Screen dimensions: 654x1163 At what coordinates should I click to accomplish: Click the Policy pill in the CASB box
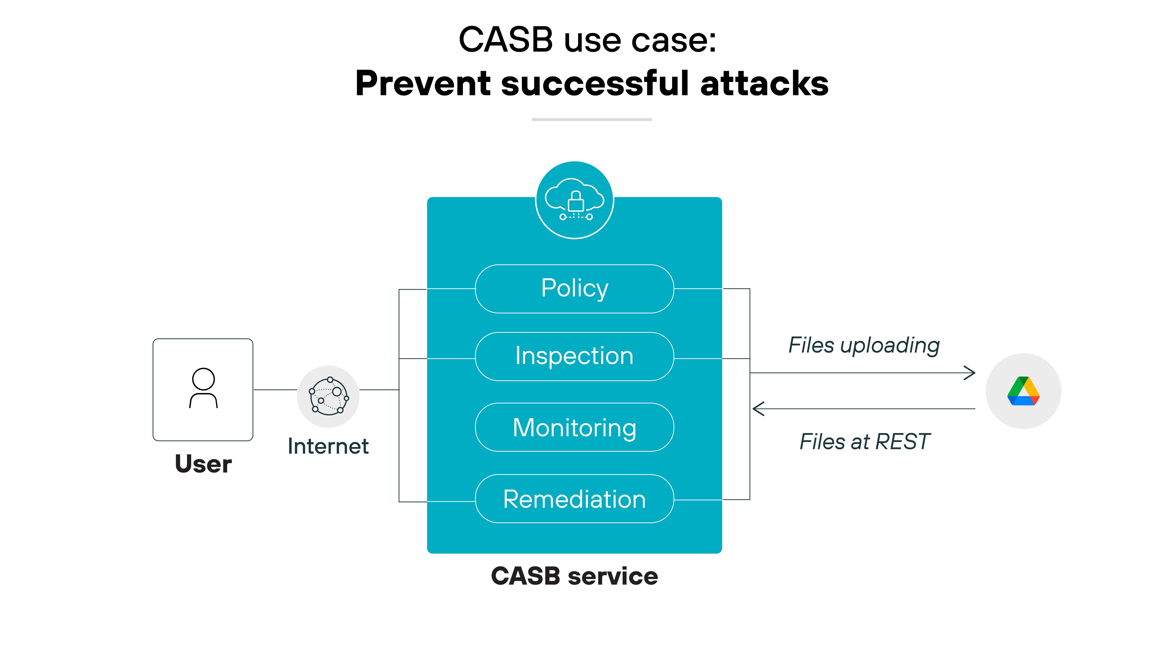tap(574, 289)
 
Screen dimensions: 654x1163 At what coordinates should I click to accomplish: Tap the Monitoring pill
tap(574, 427)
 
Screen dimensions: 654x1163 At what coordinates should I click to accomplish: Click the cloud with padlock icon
tap(574, 200)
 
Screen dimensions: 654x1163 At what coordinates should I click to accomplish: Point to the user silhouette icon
tap(203, 388)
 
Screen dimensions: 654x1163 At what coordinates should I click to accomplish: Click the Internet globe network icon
tap(328, 396)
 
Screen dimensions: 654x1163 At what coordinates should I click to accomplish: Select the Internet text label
tap(328, 446)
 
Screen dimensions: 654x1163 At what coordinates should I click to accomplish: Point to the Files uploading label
tap(864, 345)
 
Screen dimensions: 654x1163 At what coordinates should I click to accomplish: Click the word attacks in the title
tap(764, 84)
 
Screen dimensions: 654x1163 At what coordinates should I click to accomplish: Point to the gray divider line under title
tap(592, 120)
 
